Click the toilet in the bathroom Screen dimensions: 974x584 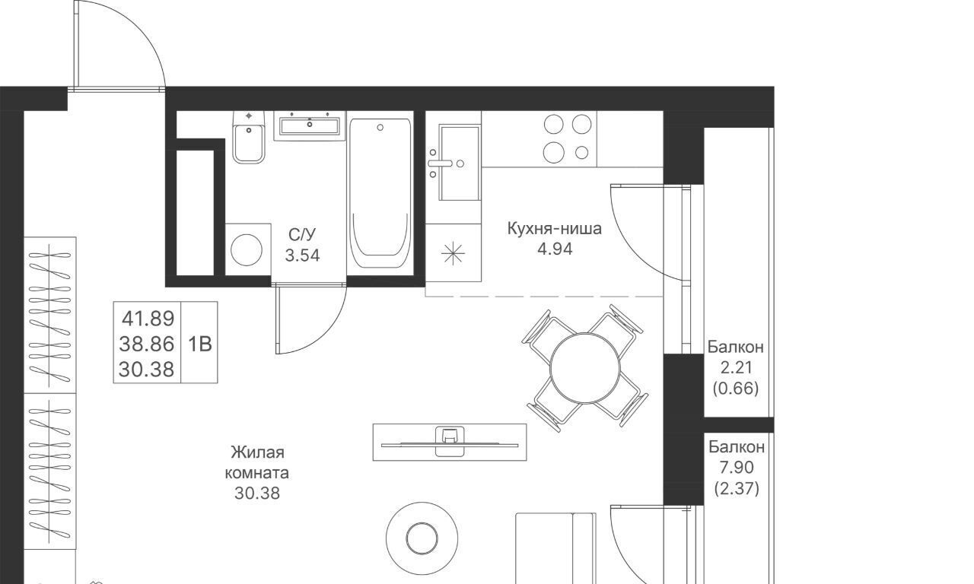tap(249, 137)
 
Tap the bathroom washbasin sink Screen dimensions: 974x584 tap(310, 125)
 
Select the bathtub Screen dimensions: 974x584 tap(380, 193)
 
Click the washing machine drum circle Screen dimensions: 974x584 tap(247, 250)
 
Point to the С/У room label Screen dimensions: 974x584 tap(302, 235)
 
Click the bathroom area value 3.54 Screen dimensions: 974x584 tap(302, 255)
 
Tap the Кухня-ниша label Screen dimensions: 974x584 tap(555, 229)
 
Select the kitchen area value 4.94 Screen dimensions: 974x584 tap(555, 249)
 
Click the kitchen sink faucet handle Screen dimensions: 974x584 tap(440, 163)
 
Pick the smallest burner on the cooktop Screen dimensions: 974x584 tap(582, 153)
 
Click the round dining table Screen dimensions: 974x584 tap(585, 367)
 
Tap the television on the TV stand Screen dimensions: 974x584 tap(450, 445)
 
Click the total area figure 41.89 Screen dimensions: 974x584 tap(148, 319)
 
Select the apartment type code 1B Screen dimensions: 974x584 tap(199, 344)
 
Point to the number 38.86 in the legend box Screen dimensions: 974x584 tap(147, 344)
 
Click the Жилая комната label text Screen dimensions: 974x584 tap(257, 462)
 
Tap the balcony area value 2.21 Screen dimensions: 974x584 tap(736, 367)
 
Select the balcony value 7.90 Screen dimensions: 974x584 tap(737, 468)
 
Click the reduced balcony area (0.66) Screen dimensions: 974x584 tap(736, 388)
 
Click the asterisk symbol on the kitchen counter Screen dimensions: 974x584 tap(453, 253)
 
